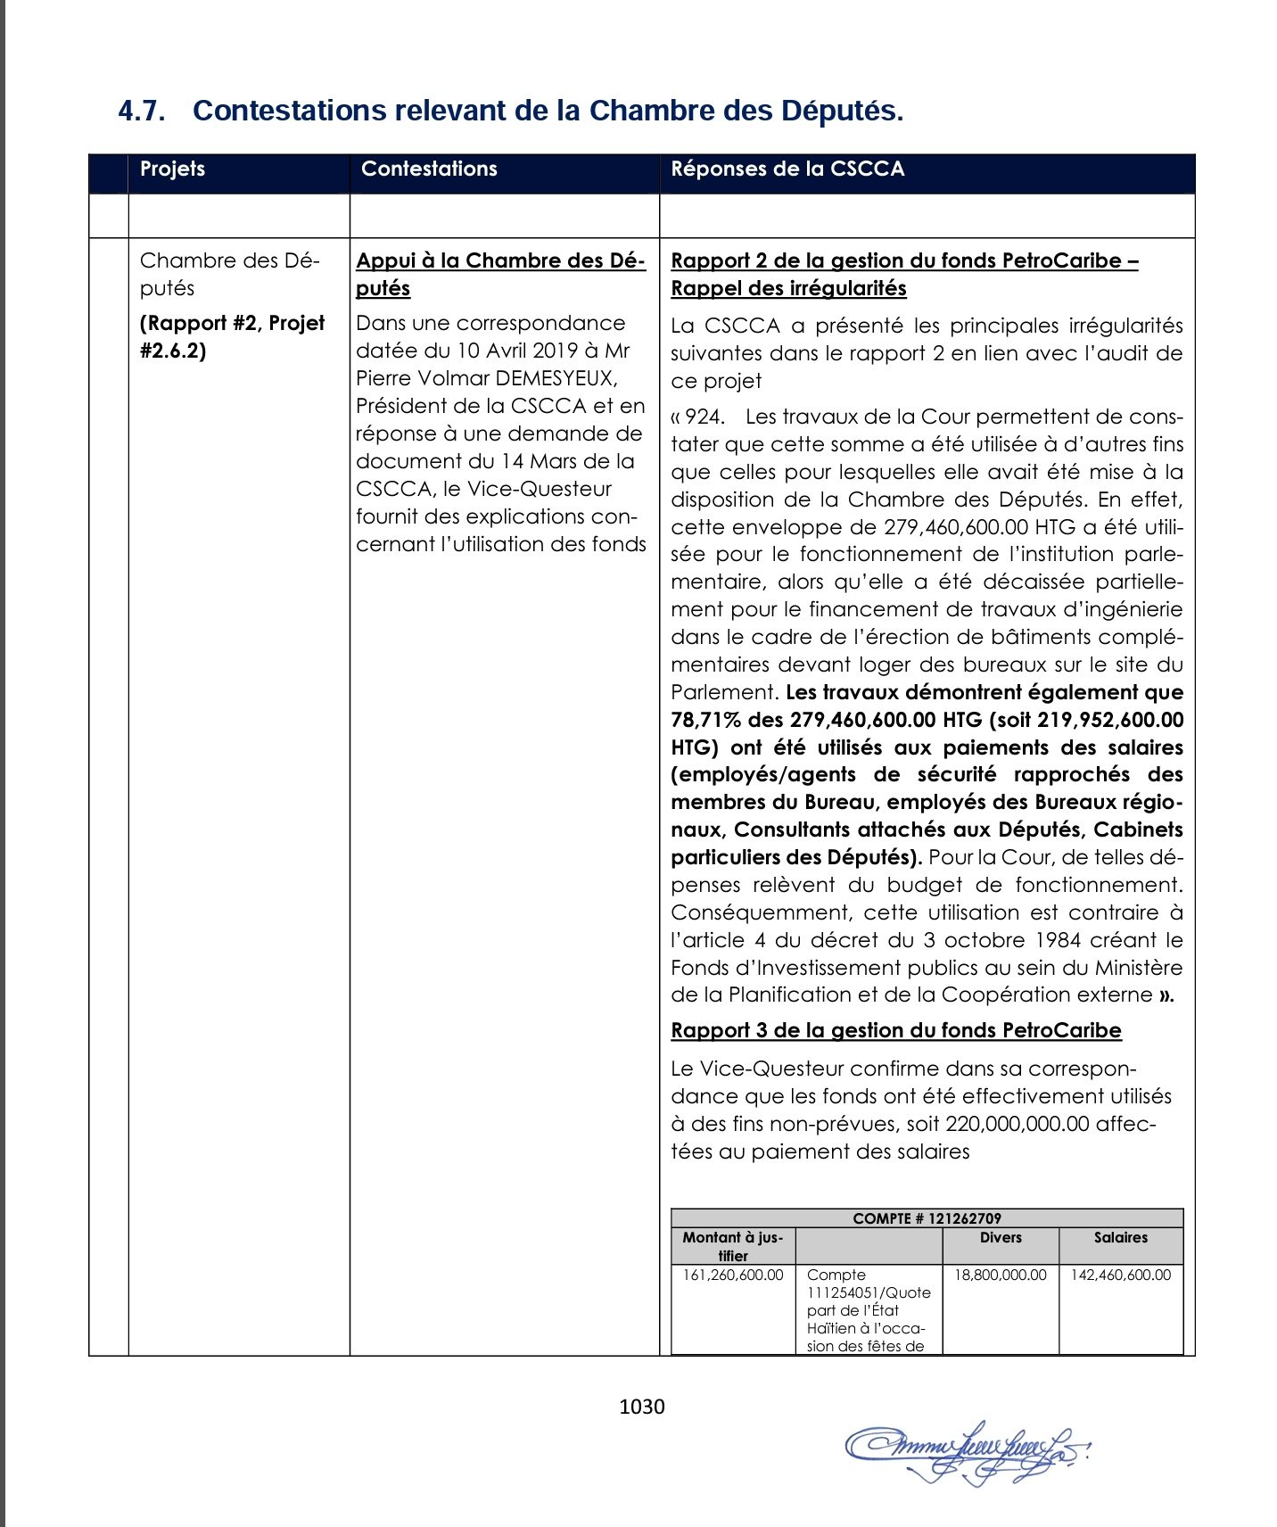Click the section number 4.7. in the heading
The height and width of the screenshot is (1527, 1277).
click(142, 111)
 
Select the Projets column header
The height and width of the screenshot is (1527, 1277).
click(172, 169)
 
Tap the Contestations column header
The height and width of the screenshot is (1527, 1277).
click(429, 169)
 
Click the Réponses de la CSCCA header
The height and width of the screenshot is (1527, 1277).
click(787, 169)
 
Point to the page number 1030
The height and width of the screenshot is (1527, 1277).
click(642, 1407)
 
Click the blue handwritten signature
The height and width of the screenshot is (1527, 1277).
click(968, 1451)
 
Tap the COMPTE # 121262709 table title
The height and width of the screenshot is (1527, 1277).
click(927, 1218)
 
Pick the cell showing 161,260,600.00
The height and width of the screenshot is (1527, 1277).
click(733, 1275)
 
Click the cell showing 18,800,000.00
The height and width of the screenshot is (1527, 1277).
click(1001, 1275)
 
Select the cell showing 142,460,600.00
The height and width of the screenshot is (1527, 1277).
click(1121, 1275)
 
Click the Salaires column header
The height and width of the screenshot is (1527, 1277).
click(1121, 1238)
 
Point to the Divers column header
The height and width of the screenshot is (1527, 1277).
click(1001, 1238)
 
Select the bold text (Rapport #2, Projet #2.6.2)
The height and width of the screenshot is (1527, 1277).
click(232, 336)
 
